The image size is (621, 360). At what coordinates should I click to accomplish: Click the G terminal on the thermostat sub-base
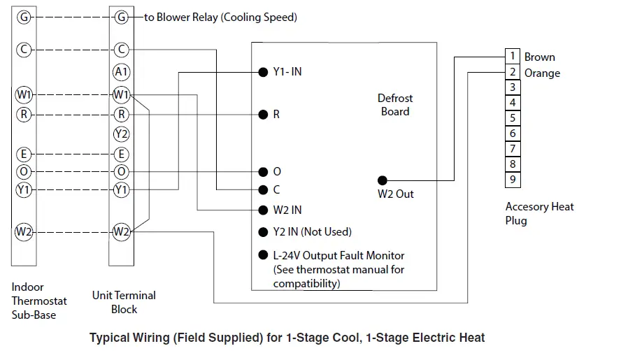(x=24, y=17)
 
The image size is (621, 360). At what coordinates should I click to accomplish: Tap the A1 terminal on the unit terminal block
(x=121, y=71)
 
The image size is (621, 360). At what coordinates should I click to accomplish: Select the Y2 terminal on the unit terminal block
(x=121, y=134)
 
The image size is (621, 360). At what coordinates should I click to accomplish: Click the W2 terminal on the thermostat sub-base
(x=24, y=232)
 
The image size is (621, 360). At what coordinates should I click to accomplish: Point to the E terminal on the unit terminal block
(x=121, y=154)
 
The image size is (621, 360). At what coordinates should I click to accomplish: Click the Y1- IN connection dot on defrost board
(x=263, y=71)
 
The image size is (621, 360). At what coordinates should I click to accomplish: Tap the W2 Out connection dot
(x=383, y=180)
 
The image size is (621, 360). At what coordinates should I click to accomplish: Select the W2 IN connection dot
(x=263, y=210)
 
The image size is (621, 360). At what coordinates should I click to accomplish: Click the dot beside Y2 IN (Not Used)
(x=263, y=232)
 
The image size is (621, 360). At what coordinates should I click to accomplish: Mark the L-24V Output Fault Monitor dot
(x=263, y=255)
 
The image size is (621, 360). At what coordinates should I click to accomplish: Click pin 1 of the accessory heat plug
(x=513, y=56)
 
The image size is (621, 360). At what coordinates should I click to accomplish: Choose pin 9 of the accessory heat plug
(x=513, y=180)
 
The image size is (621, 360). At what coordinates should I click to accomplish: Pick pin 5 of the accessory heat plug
(x=513, y=118)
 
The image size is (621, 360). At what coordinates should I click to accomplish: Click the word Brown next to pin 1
(x=539, y=57)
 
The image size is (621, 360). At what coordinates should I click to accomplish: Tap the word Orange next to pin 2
(x=542, y=73)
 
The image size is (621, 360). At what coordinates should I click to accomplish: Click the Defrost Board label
(x=395, y=105)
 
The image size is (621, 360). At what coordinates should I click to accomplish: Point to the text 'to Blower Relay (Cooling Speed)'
(x=220, y=17)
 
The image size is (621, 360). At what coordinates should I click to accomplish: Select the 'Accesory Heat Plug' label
(x=539, y=213)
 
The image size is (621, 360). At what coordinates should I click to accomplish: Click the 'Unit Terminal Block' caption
(x=124, y=302)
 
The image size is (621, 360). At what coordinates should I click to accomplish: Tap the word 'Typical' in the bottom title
(x=110, y=338)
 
